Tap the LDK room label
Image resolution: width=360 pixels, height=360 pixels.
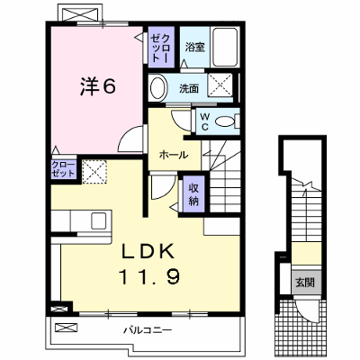(148, 251)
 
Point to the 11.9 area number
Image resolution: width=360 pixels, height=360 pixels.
(149, 276)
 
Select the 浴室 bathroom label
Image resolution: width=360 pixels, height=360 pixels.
(194, 47)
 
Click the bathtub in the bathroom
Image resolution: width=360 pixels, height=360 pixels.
(225, 47)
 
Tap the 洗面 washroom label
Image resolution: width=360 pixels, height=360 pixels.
(189, 88)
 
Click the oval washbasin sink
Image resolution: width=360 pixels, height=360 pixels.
(157, 87)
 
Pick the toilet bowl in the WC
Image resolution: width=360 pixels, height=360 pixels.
(225, 121)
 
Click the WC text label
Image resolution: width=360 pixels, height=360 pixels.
(204, 121)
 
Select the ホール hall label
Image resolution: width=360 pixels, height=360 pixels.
(174, 155)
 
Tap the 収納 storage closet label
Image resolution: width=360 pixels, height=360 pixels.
(193, 193)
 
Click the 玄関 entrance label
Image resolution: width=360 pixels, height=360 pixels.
(305, 283)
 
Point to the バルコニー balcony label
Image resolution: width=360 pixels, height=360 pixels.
(148, 330)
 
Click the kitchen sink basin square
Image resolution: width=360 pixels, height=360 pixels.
(99, 220)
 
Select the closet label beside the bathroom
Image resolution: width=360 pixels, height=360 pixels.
(161, 48)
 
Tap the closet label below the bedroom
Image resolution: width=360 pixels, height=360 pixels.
(63, 169)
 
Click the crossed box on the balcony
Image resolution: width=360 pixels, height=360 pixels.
(67, 327)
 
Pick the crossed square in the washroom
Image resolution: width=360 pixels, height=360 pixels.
(220, 85)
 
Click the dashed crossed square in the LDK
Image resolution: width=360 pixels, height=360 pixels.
(94, 172)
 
